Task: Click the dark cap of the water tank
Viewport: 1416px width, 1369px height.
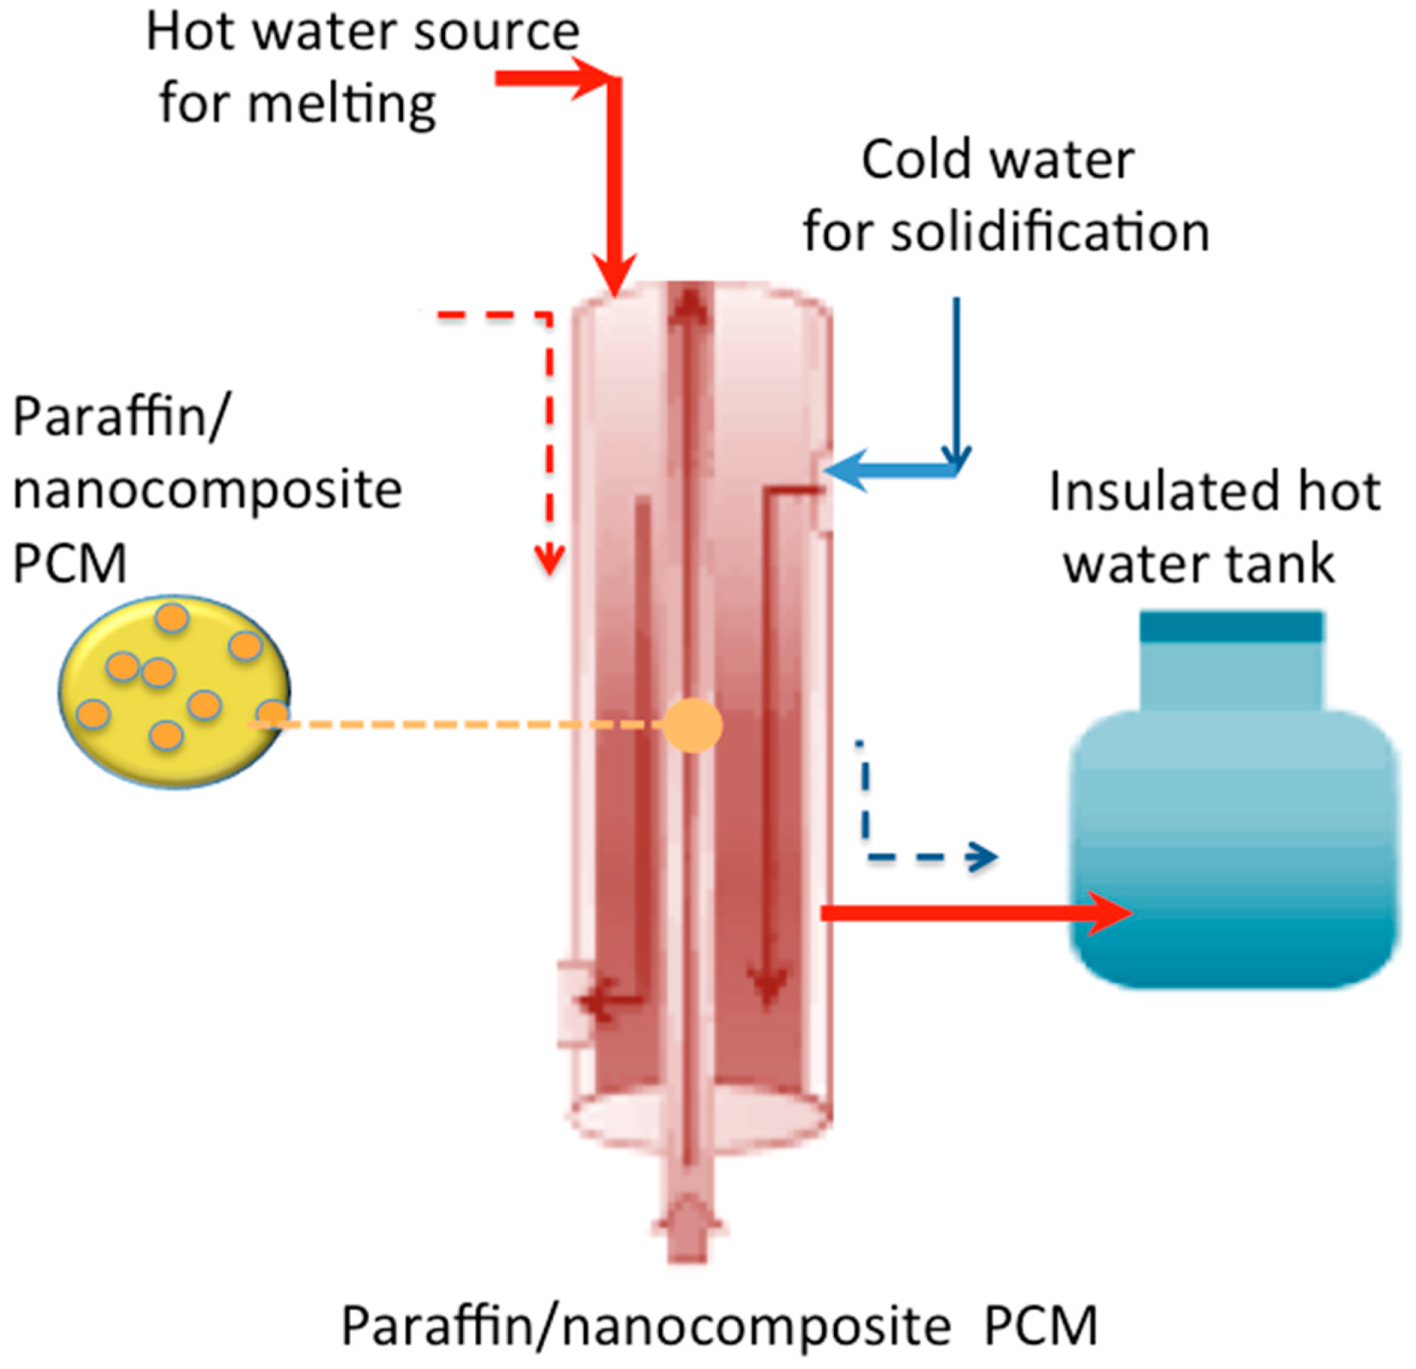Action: pos(1231,628)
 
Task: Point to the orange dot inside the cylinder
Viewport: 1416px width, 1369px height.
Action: pos(692,726)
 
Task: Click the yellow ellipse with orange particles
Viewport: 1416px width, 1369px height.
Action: pos(173,691)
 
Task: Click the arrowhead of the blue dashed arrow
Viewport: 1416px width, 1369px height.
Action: pos(983,857)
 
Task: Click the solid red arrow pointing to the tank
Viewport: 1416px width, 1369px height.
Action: pos(974,912)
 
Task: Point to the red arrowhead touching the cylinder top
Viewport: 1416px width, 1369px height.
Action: pos(616,274)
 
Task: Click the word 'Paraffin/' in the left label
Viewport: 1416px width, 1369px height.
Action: pos(122,419)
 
